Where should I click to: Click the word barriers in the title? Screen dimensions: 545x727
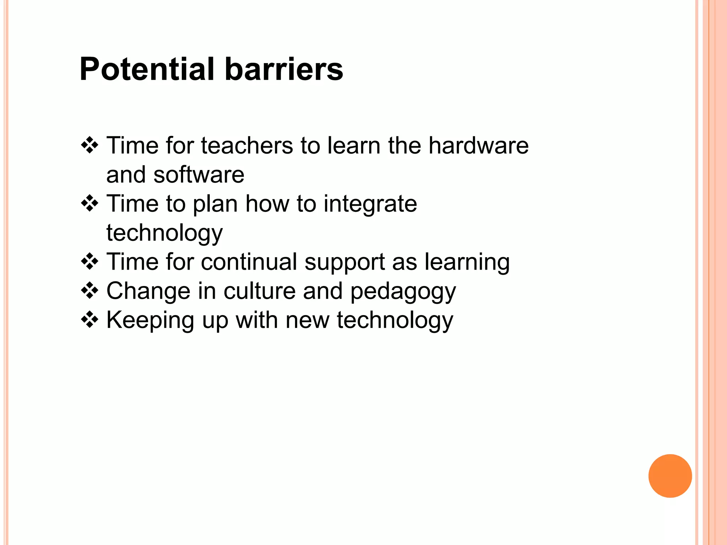pyautogui.click(x=284, y=69)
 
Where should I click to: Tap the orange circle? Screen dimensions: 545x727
pyautogui.click(x=670, y=476)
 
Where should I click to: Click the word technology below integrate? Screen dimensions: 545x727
pyautogui.click(x=165, y=233)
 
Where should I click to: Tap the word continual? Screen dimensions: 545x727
pyautogui.click(x=249, y=262)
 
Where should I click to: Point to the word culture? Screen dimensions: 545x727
pyautogui.click(x=259, y=291)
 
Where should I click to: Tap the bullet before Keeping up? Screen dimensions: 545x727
pyautogui.click(x=89, y=320)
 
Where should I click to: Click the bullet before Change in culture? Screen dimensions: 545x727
pyautogui.click(x=89, y=291)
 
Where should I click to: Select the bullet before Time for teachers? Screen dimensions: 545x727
pyautogui.click(x=89, y=145)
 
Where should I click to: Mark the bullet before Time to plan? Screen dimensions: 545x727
pyautogui.click(x=89, y=203)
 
